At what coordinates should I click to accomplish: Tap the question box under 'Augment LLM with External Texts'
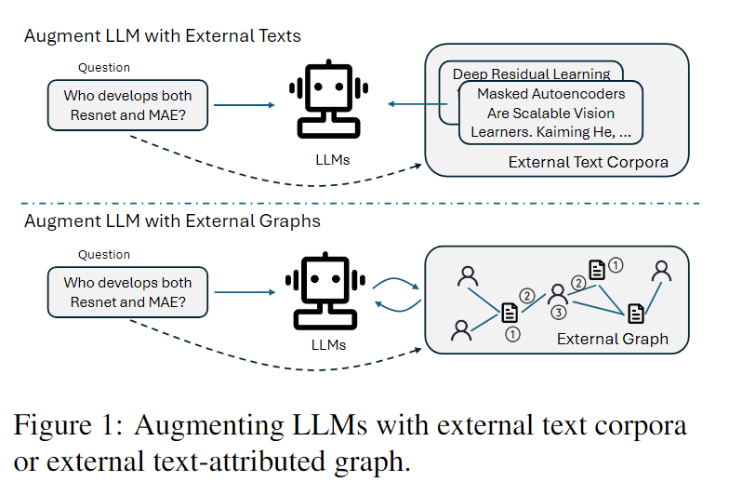(x=128, y=104)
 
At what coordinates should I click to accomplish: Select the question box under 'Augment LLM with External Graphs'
(x=128, y=292)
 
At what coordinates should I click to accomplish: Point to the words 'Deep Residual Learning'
(x=531, y=74)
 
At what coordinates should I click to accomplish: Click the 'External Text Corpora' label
(x=588, y=162)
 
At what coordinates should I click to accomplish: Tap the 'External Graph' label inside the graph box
(x=612, y=339)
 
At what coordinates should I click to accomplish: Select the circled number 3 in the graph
(x=558, y=313)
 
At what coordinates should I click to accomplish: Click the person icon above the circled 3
(x=558, y=293)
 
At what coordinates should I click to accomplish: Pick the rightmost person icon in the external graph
(x=661, y=271)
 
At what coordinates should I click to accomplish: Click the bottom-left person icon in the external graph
(x=460, y=328)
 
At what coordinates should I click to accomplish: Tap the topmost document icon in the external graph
(x=597, y=269)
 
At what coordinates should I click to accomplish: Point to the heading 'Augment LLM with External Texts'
(x=163, y=36)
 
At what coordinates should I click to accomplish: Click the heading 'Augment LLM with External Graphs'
(x=172, y=221)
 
